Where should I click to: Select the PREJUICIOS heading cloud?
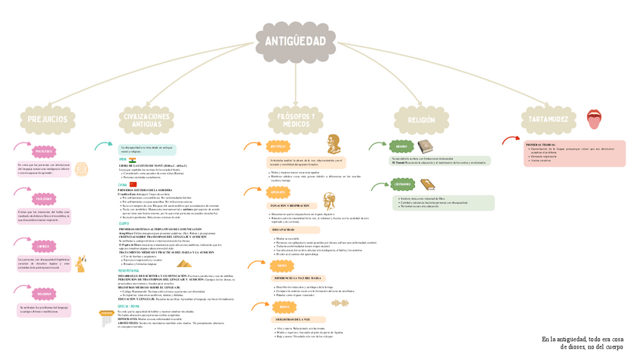coord(47,119)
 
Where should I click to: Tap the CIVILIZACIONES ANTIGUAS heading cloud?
coord(146,119)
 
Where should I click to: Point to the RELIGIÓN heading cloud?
coord(420,120)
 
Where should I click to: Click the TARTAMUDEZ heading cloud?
coord(547,119)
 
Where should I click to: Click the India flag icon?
coord(133,160)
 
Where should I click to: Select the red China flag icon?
coord(134,183)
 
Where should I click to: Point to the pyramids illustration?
coord(185,263)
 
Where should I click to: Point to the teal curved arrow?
coord(103,145)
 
